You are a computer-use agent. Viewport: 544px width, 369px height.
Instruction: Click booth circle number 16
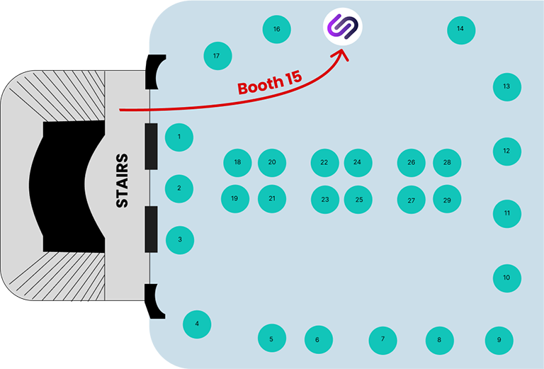click(276, 29)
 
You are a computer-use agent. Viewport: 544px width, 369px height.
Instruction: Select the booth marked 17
click(217, 56)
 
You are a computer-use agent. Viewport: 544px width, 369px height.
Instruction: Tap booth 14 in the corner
click(461, 30)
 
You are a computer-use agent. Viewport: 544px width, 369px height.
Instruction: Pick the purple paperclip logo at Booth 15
click(343, 26)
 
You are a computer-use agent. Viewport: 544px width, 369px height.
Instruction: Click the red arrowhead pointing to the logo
click(341, 55)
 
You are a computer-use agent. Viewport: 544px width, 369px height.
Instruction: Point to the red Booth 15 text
click(270, 84)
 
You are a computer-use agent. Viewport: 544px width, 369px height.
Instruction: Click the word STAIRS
click(122, 181)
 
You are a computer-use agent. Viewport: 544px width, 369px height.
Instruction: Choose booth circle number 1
click(179, 137)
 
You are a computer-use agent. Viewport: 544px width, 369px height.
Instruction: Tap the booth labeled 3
click(180, 240)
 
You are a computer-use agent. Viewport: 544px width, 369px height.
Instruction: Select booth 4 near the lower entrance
click(197, 324)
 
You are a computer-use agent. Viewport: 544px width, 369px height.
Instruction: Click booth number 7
click(382, 341)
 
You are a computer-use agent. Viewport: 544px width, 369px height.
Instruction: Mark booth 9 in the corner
click(499, 341)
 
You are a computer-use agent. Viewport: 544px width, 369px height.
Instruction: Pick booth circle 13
click(507, 87)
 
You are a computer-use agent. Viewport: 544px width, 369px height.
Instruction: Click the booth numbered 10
click(507, 278)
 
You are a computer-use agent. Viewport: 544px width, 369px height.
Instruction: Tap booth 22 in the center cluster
click(324, 163)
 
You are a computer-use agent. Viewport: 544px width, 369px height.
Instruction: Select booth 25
click(358, 200)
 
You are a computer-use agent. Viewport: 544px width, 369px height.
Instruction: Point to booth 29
click(447, 199)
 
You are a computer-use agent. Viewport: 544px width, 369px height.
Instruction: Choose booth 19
click(235, 199)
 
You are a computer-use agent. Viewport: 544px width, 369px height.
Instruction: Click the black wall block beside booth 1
click(151, 147)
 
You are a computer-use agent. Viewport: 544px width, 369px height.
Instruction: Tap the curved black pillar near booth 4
click(152, 300)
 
